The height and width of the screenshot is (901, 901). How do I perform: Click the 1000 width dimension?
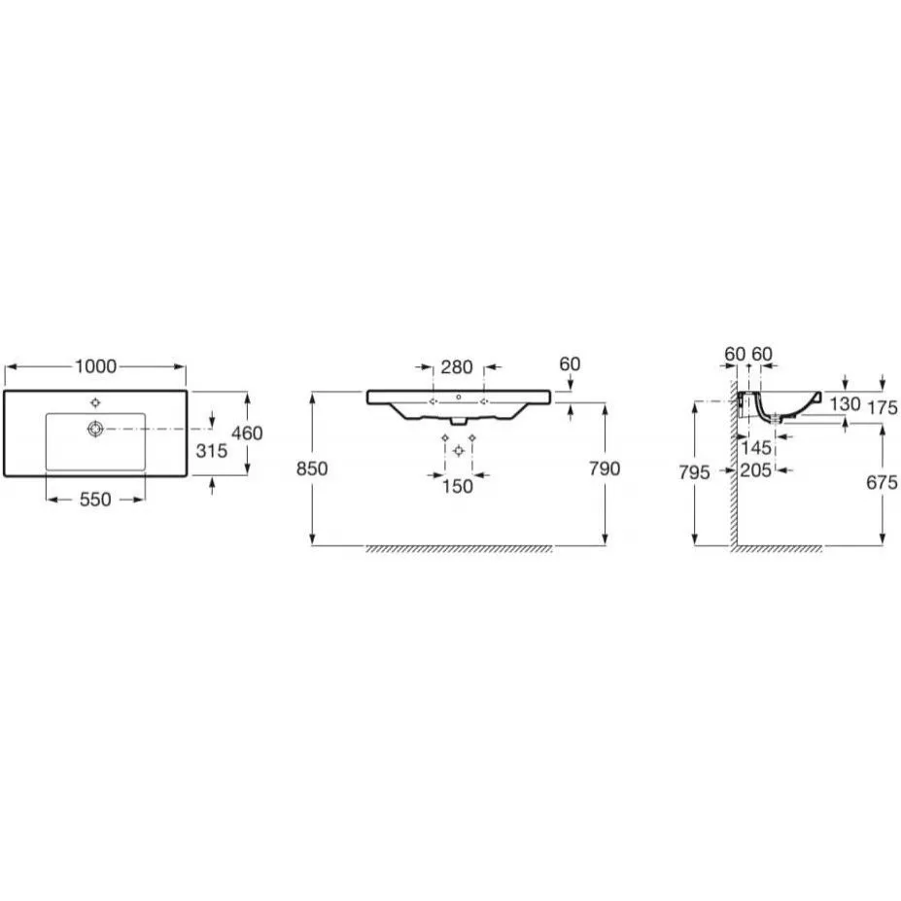(x=95, y=366)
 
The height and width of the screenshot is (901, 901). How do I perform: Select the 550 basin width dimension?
(x=95, y=500)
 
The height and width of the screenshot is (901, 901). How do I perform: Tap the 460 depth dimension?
(x=247, y=433)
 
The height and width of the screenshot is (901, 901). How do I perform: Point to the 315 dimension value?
(x=212, y=451)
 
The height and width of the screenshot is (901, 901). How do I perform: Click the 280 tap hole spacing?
(x=457, y=366)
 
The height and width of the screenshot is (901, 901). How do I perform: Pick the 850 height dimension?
(x=312, y=468)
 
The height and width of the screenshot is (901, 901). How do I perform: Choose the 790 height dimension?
(x=605, y=468)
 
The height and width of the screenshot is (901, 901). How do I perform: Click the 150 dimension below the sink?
(x=458, y=486)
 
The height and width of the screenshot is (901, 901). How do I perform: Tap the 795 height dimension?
(x=694, y=472)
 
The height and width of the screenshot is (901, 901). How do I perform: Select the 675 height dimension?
(x=882, y=482)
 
